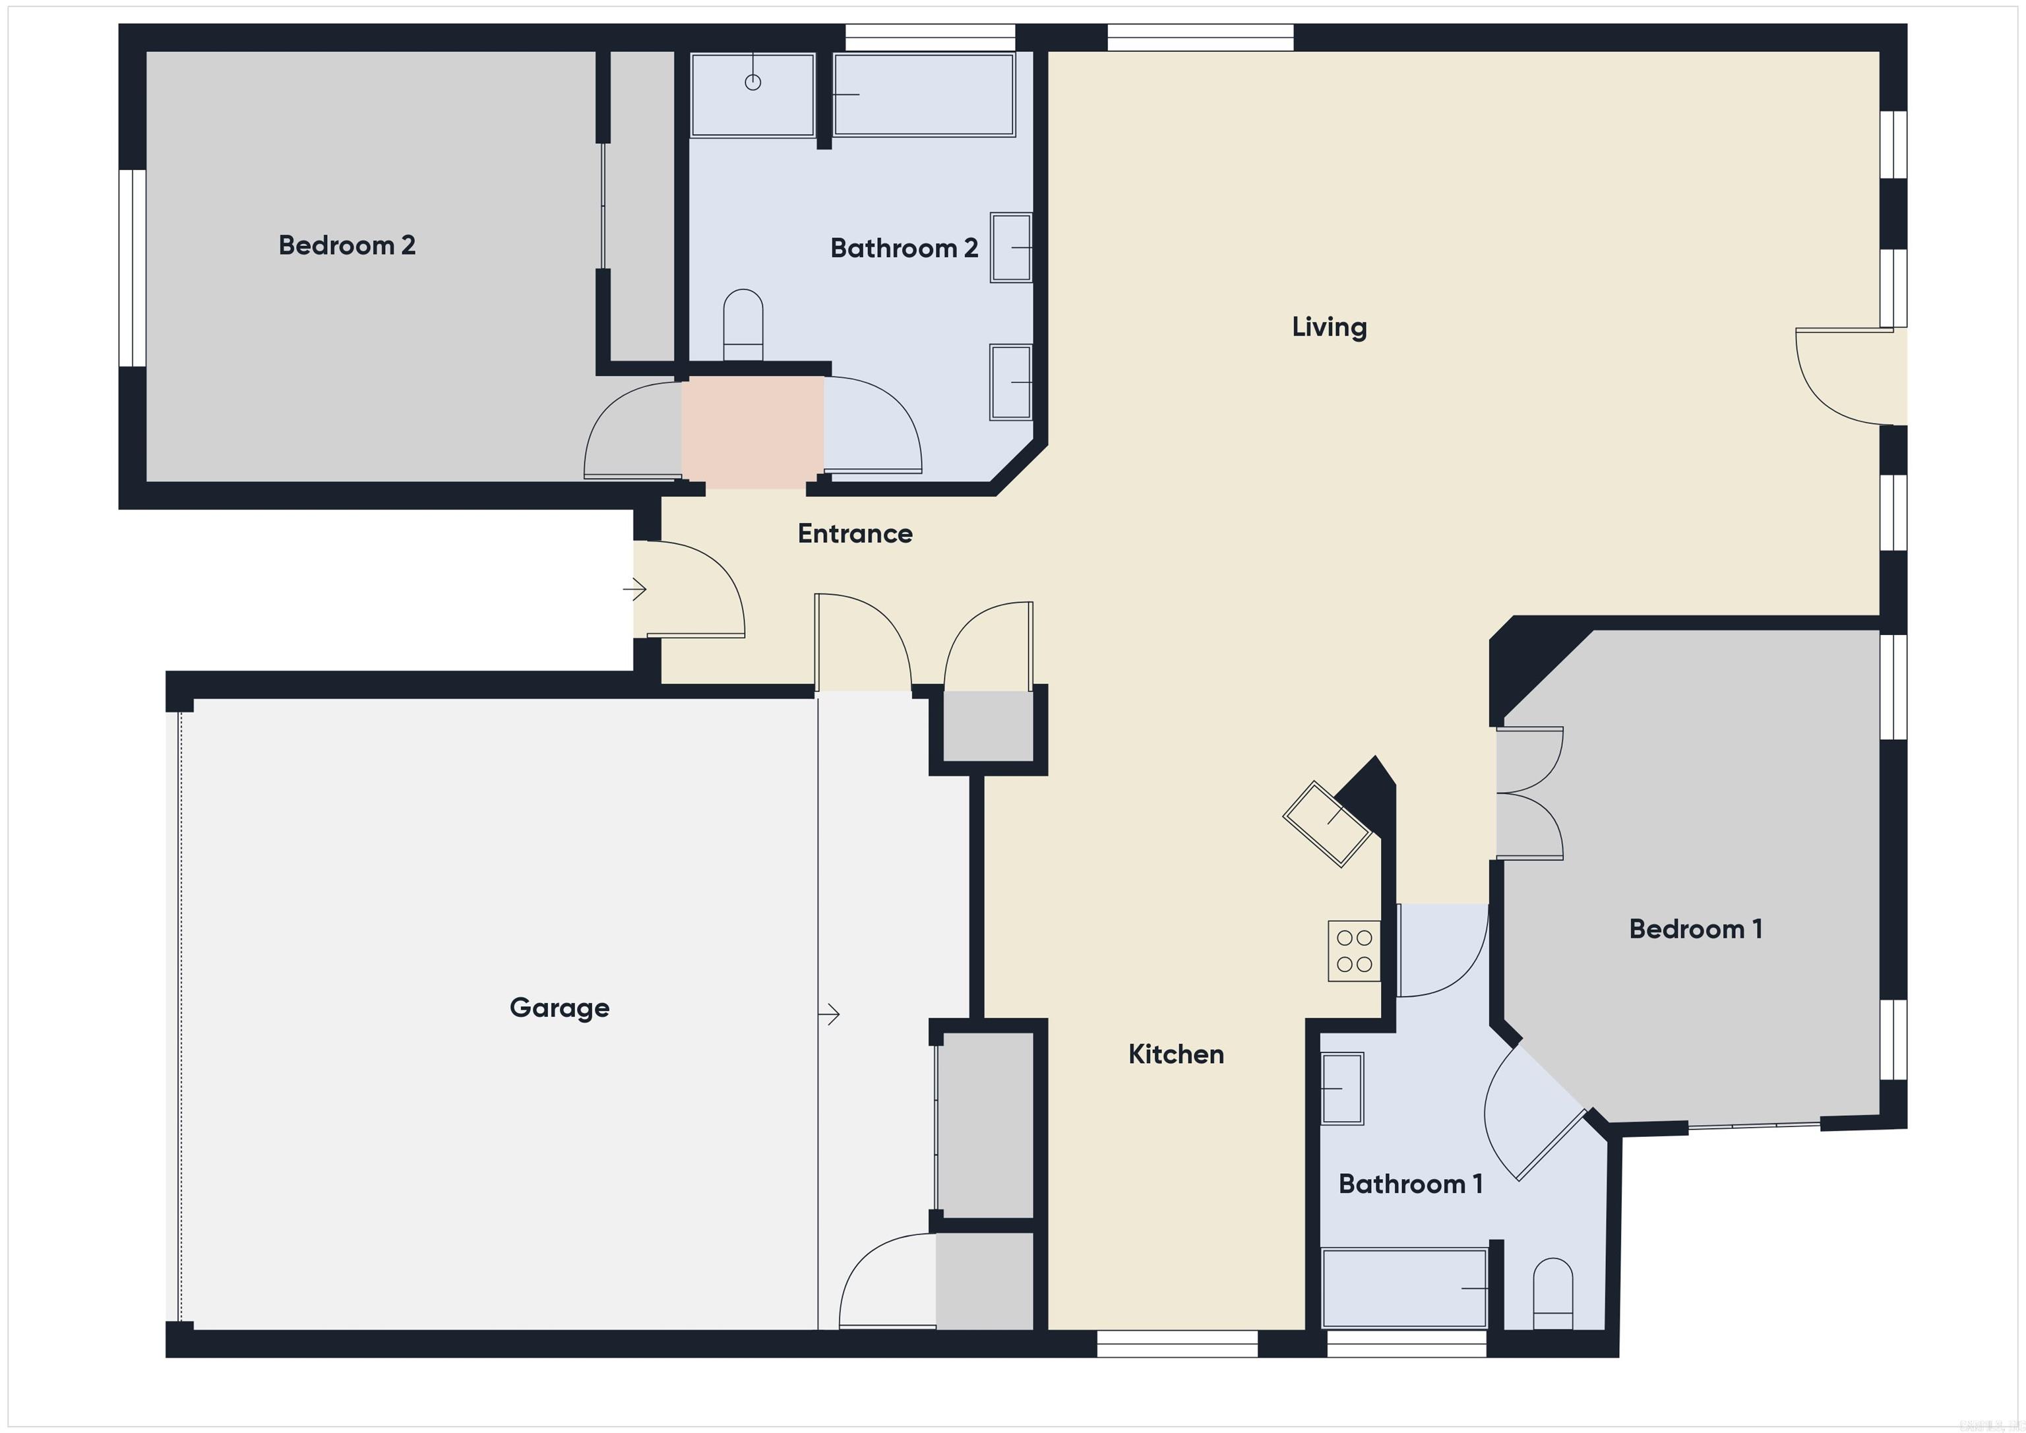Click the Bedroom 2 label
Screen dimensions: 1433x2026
347,245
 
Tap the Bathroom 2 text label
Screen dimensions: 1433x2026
904,249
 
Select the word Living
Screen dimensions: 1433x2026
1329,327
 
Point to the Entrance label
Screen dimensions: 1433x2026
854,534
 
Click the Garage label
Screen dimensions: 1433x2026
559,1008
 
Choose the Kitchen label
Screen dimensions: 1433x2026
1175,1054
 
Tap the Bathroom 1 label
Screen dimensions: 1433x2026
1410,1184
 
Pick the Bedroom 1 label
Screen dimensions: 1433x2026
1695,929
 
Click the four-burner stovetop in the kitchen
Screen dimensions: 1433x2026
1353,951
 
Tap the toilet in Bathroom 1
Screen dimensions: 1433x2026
1553,1295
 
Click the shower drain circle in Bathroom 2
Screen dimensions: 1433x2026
752,82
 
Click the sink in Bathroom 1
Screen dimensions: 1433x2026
1341,1089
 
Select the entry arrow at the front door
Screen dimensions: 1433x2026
635,588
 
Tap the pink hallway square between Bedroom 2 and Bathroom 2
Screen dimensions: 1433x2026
752,431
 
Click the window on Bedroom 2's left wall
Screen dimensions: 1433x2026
133,267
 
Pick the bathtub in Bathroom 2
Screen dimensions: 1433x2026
923,96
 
